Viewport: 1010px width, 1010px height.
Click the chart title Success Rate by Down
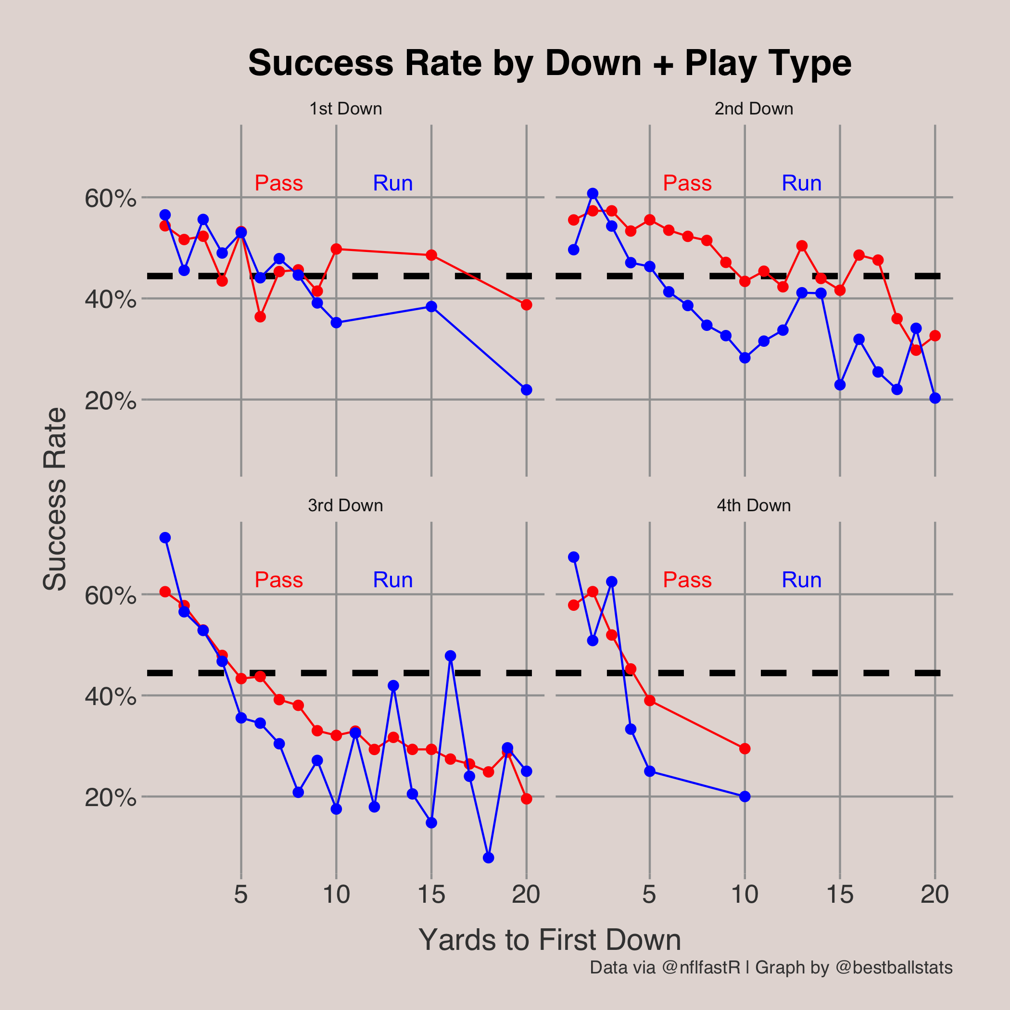(x=549, y=63)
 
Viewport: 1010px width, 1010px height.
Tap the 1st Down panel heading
(x=345, y=109)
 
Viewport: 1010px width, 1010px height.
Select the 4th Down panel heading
(x=753, y=505)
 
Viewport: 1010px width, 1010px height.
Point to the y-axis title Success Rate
(x=54, y=500)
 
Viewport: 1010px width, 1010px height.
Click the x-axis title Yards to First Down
(x=549, y=940)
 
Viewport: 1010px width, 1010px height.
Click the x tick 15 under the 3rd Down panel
(x=431, y=895)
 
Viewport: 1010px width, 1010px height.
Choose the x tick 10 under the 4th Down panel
(x=745, y=895)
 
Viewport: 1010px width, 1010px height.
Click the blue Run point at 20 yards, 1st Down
(x=527, y=390)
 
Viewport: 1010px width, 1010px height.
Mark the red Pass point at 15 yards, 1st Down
(x=431, y=255)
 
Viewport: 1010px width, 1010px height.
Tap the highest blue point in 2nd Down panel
(x=593, y=194)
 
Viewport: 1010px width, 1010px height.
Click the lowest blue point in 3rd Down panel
(x=488, y=858)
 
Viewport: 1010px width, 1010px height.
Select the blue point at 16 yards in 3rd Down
(x=451, y=656)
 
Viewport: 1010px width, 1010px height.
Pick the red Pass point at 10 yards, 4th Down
(x=745, y=749)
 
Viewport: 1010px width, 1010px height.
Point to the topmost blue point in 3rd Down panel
(x=165, y=537)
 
